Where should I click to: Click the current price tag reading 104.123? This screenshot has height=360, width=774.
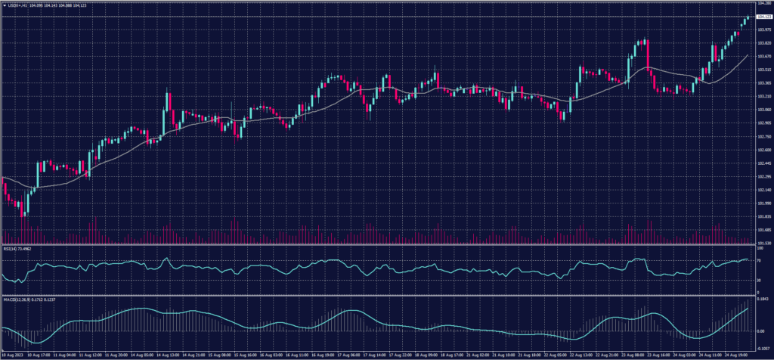763,15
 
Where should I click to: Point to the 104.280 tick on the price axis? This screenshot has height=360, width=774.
763,5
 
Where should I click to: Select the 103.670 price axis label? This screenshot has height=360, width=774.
763,57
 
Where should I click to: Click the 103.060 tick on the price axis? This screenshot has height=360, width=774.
763,110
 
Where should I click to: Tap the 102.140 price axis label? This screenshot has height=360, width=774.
763,190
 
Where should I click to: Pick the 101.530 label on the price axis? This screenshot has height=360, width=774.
763,243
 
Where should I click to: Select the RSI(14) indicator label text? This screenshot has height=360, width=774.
13,248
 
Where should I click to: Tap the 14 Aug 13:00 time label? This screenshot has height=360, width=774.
167,354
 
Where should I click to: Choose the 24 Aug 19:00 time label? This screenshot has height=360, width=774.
734,354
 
